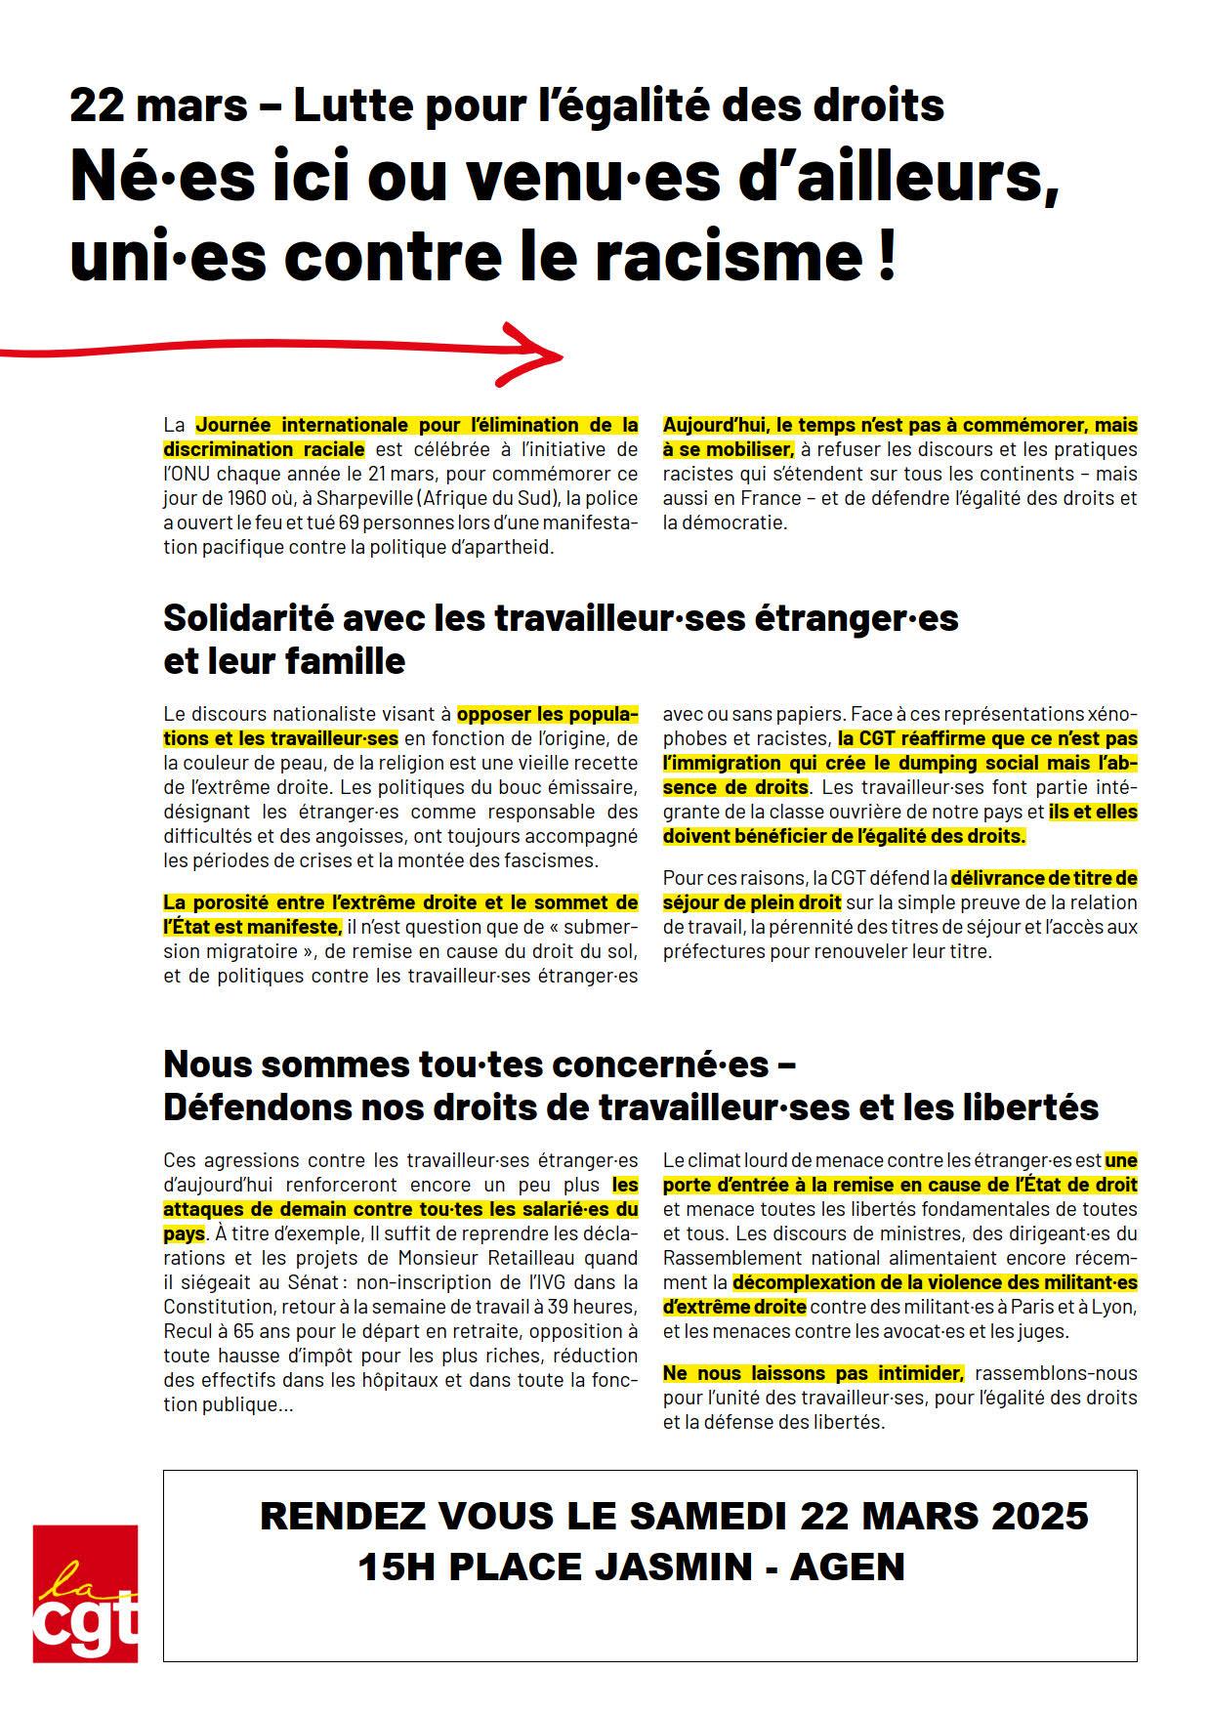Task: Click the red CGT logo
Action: (x=85, y=1593)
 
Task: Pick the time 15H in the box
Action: (x=396, y=1567)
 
